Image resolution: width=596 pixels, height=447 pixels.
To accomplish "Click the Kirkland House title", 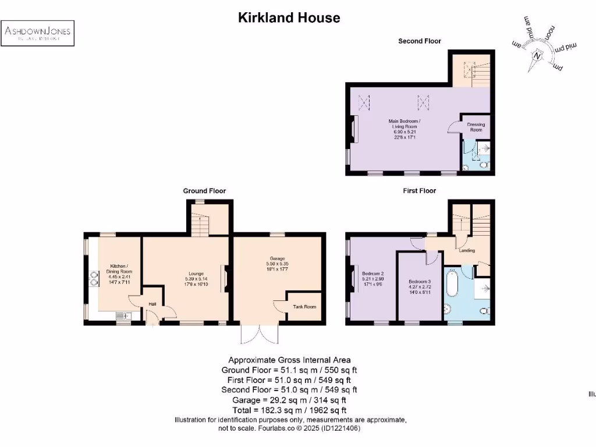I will [x=289, y=18].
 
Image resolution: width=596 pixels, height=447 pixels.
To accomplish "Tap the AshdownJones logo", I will [x=38, y=33].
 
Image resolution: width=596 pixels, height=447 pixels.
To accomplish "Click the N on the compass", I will [x=538, y=56].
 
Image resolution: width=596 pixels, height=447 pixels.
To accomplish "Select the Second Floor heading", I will [x=419, y=41].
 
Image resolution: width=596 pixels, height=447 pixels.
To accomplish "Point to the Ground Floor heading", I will [x=204, y=191].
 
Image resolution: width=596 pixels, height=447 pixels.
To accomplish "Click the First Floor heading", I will [x=419, y=191].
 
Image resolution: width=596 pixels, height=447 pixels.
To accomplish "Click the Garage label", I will [x=277, y=258].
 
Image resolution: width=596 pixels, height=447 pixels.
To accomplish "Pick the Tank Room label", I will [x=304, y=307].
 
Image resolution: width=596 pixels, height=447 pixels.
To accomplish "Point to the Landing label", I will [x=467, y=251].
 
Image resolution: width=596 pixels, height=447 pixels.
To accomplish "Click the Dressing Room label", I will [x=476, y=127].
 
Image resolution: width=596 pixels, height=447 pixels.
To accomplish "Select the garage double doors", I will [x=260, y=334].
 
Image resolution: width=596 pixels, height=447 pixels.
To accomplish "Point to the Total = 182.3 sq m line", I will [x=289, y=410].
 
